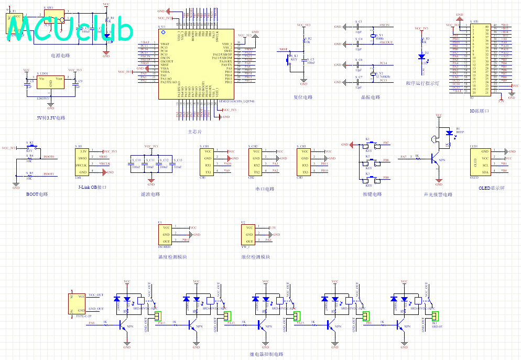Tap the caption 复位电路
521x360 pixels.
(303, 97)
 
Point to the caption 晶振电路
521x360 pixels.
(371, 97)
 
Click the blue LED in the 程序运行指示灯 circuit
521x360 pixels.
(421, 56)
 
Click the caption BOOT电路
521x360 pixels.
(37, 194)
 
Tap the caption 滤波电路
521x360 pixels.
(151, 194)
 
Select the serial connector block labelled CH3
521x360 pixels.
(305, 161)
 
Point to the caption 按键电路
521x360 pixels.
(372, 194)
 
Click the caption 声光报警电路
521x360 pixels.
(438, 194)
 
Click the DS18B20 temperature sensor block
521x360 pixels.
(166, 234)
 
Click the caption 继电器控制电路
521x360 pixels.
(266, 354)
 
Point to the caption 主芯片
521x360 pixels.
(194, 131)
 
